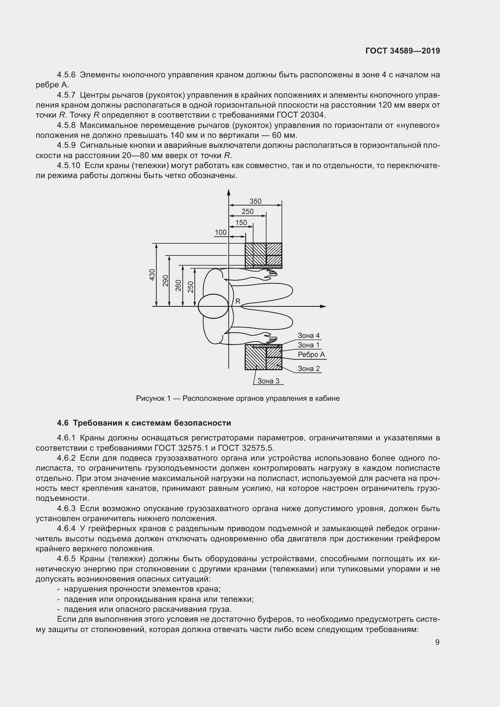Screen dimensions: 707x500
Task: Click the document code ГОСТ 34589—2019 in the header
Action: tap(403, 51)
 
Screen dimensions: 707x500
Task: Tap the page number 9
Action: tap(437, 642)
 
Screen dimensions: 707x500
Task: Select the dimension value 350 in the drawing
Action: tap(255, 201)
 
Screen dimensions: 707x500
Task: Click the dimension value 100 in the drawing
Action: tap(220, 232)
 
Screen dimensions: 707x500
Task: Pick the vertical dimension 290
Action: tap(166, 281)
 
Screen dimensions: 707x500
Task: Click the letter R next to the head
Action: tap(238, 301)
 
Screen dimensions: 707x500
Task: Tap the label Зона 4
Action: tap(309, 335)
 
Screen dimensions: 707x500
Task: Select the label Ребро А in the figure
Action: tap(311, 355)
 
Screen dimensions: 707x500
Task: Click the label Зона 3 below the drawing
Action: tap(268, 381)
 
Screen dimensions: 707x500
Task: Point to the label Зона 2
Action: tap(309, 368)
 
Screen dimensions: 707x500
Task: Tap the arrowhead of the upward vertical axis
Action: tap(229, 192)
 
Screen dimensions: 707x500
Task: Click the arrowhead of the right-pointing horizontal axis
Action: tap(323, 306)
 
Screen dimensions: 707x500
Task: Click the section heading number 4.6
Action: tap(63, 423)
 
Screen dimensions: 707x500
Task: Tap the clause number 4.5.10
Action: tap(68, 166)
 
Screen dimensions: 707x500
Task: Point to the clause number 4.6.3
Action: tap(66, 508)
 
